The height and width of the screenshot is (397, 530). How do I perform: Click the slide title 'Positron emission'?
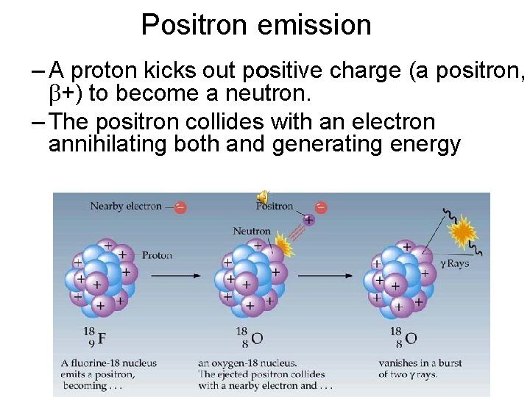point(256,25)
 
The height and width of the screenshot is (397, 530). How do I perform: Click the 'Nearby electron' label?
point(125,207)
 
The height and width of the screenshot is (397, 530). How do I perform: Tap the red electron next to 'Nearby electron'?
point(180,207)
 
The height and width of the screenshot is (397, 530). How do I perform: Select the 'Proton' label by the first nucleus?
point(157,255)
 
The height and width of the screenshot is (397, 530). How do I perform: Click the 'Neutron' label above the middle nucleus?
point(252,231)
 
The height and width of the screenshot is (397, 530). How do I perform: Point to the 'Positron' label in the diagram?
point(275,207)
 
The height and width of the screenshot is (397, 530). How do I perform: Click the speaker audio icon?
point(262,196)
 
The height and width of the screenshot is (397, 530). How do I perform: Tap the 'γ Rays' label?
point(455,263)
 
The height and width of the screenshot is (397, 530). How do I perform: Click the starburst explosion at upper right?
point(463,233)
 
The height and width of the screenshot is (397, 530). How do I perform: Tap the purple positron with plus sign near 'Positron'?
point(308,220)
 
